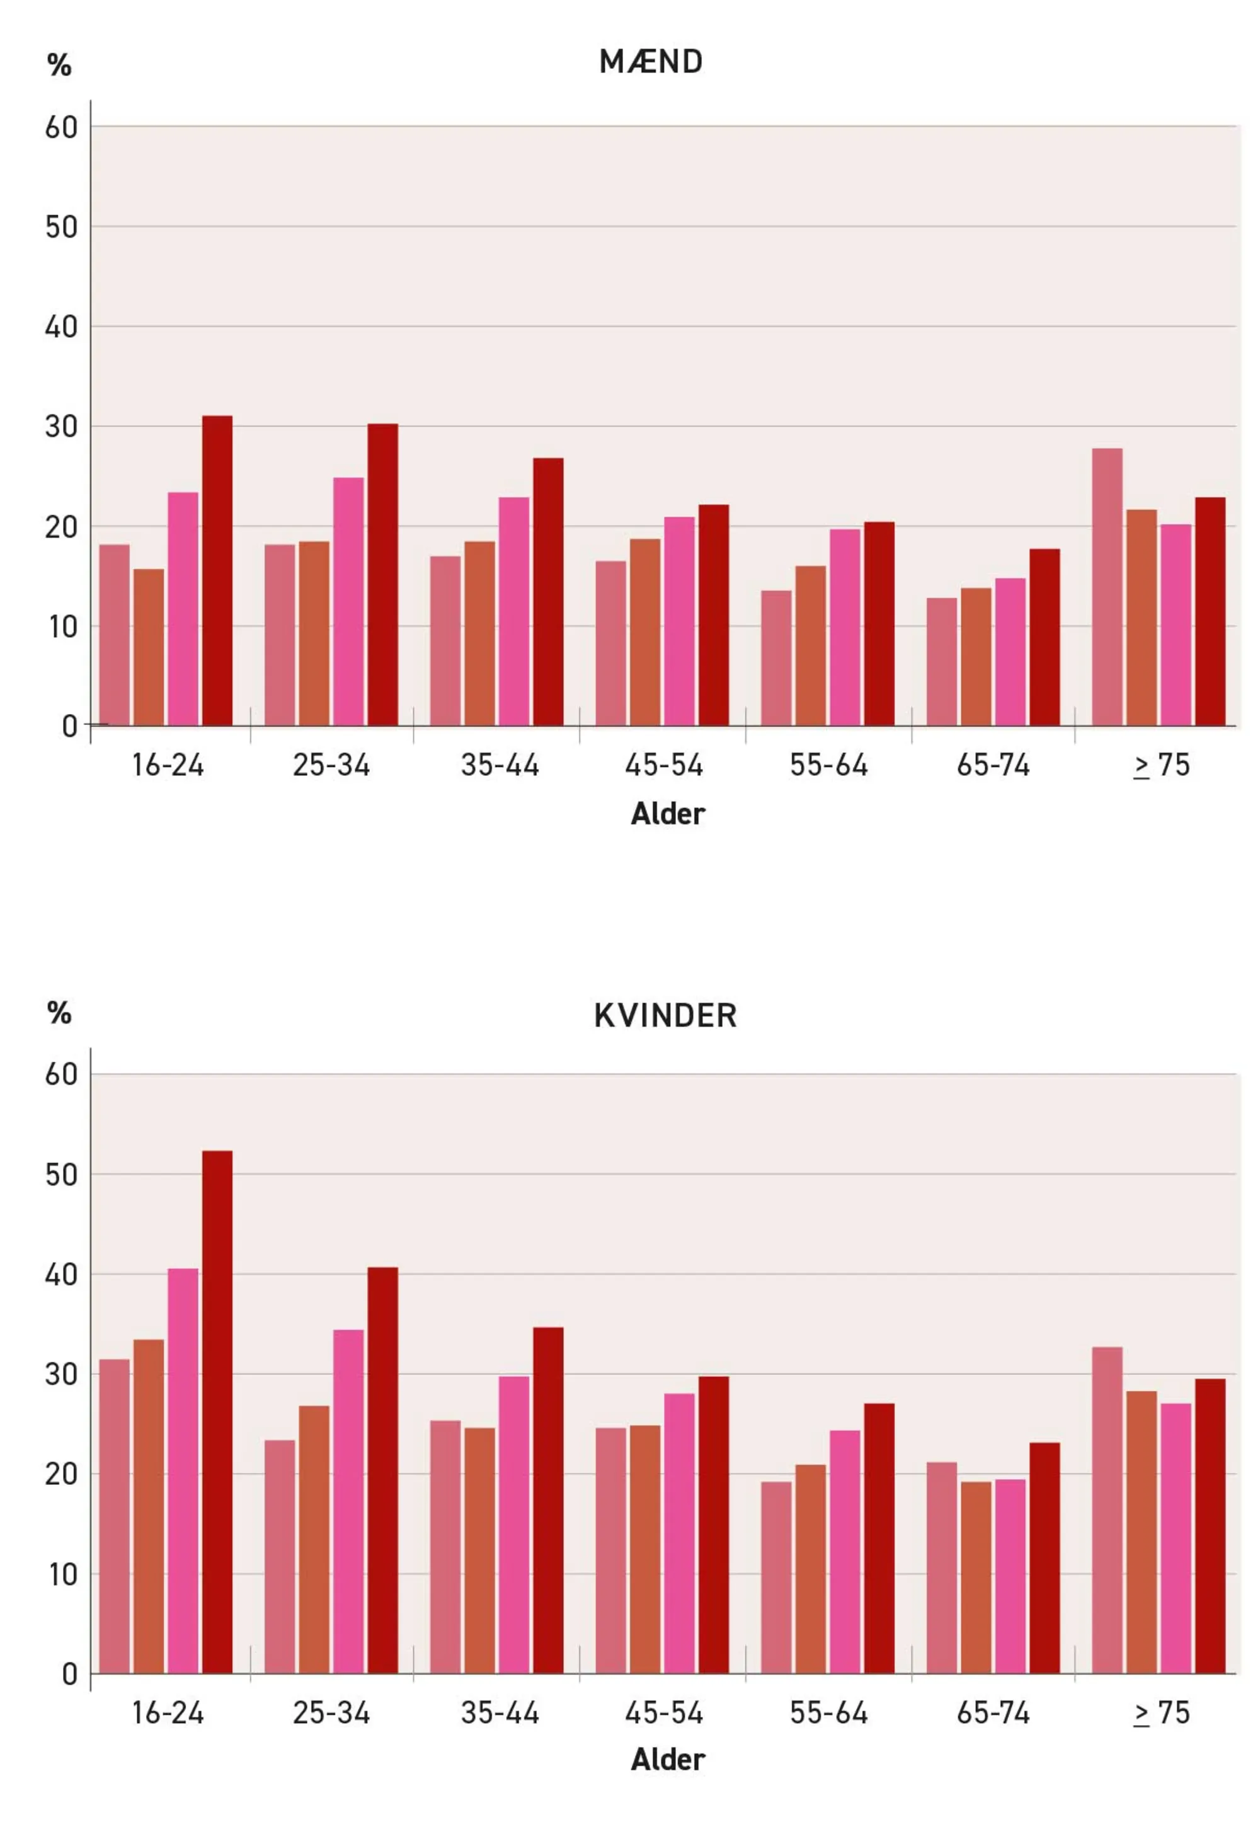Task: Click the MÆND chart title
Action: click(x=650, y=62)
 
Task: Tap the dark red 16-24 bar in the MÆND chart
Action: click(x=217, y=571)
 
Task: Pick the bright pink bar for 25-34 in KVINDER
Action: click(x=348, y=1501)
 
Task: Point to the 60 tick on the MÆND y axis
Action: click(x=61, y=127)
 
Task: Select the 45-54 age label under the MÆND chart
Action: click(x=663, y=766)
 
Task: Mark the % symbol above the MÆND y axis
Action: click(x=59, y=66)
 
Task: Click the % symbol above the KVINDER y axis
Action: click(x=59, y=1013)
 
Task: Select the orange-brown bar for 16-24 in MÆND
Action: click(x=148, y=647)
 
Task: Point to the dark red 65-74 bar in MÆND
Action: click(x=1044, y=638)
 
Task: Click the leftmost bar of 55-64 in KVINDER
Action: click(x=776, y=1577)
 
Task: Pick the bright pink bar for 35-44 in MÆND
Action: click(x=513, y=611)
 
